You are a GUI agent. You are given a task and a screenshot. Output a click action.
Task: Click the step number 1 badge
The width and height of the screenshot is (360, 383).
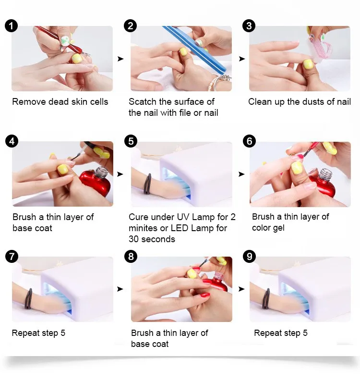coord(11,26)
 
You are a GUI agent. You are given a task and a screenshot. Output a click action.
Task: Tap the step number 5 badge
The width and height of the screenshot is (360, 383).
coord(131,141)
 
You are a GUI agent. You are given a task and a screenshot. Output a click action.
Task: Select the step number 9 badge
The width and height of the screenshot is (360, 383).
coord(249,257)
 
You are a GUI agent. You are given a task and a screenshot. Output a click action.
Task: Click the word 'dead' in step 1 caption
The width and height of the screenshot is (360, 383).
coord(58,101)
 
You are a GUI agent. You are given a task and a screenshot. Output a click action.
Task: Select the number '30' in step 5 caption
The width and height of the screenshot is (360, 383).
coord(134,239)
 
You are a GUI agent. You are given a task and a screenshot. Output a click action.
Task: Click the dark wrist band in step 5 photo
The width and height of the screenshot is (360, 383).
coord(148,184)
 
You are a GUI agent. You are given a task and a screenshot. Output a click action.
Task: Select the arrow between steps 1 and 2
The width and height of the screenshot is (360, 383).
coord(120,59)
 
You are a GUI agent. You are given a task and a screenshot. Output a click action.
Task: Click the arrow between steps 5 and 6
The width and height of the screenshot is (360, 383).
coord(241,174)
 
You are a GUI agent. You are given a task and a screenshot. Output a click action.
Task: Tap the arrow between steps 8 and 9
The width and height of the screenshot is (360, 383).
coord(241,289)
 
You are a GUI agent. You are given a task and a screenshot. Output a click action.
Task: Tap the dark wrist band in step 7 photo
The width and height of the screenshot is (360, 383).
coord(29,299)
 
